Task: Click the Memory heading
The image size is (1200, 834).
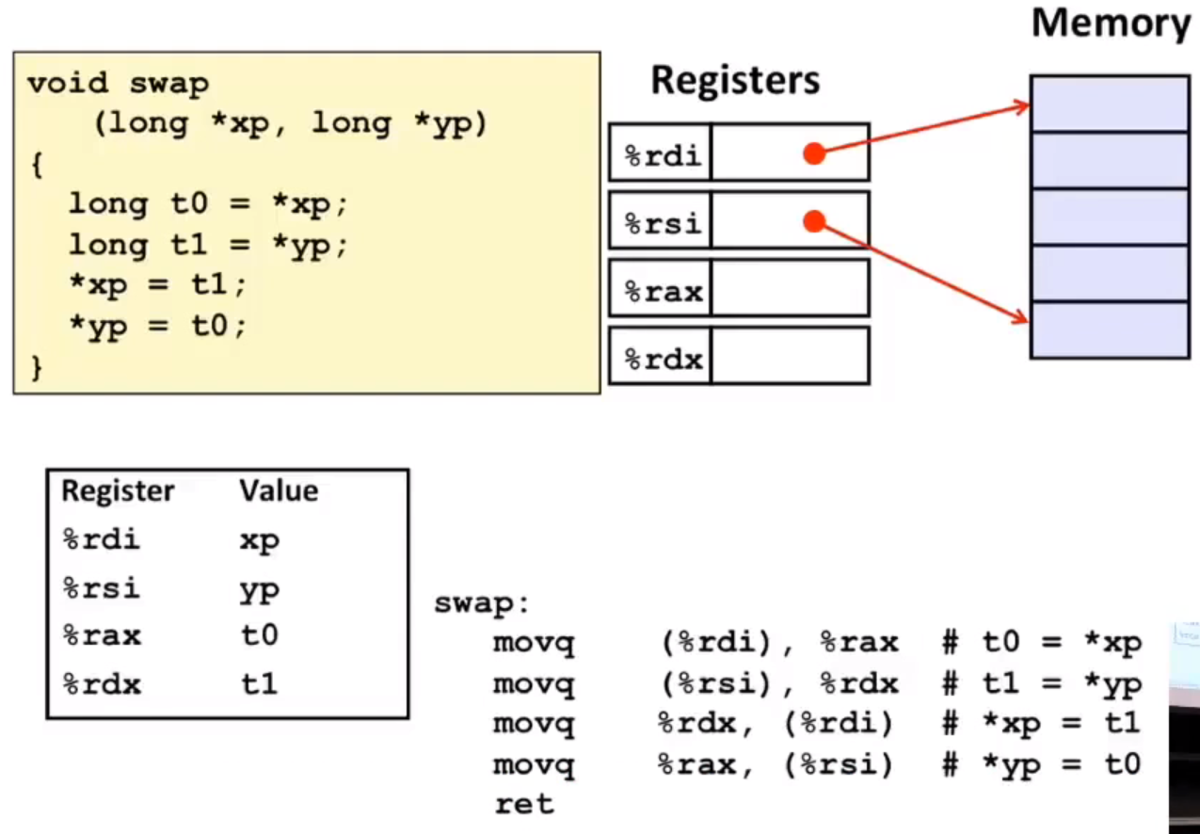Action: pos(1111,24)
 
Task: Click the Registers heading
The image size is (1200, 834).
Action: pos(735,80)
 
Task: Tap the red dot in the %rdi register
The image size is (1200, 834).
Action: pos(814,153)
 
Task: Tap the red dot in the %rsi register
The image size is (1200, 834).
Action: pos(814,221)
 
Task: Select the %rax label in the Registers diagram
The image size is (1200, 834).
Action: pos(664,293)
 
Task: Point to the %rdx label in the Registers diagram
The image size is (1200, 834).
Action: pos(664,360)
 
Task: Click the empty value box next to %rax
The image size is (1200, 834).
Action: pos(791,288)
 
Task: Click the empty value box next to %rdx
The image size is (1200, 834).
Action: pos(791,356)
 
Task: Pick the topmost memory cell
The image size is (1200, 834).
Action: pos(1110,104)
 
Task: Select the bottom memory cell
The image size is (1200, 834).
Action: pos(1110,330)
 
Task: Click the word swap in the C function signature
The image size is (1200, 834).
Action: pos(169,85)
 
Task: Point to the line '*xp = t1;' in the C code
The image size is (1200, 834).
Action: pos(158,285)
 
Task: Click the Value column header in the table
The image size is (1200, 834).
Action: pos(279,490)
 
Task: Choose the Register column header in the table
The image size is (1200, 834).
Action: pos(118,491)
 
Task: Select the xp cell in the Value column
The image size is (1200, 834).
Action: pos(259,541)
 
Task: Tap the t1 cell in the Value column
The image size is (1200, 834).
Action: pos(259,684)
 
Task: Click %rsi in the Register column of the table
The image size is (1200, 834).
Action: pos(102,588)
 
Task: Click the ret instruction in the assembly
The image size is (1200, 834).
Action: pos(524,804)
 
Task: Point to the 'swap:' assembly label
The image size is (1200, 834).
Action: pos(481,604)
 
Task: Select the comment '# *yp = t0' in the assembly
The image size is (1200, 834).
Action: pos(1042,765)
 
